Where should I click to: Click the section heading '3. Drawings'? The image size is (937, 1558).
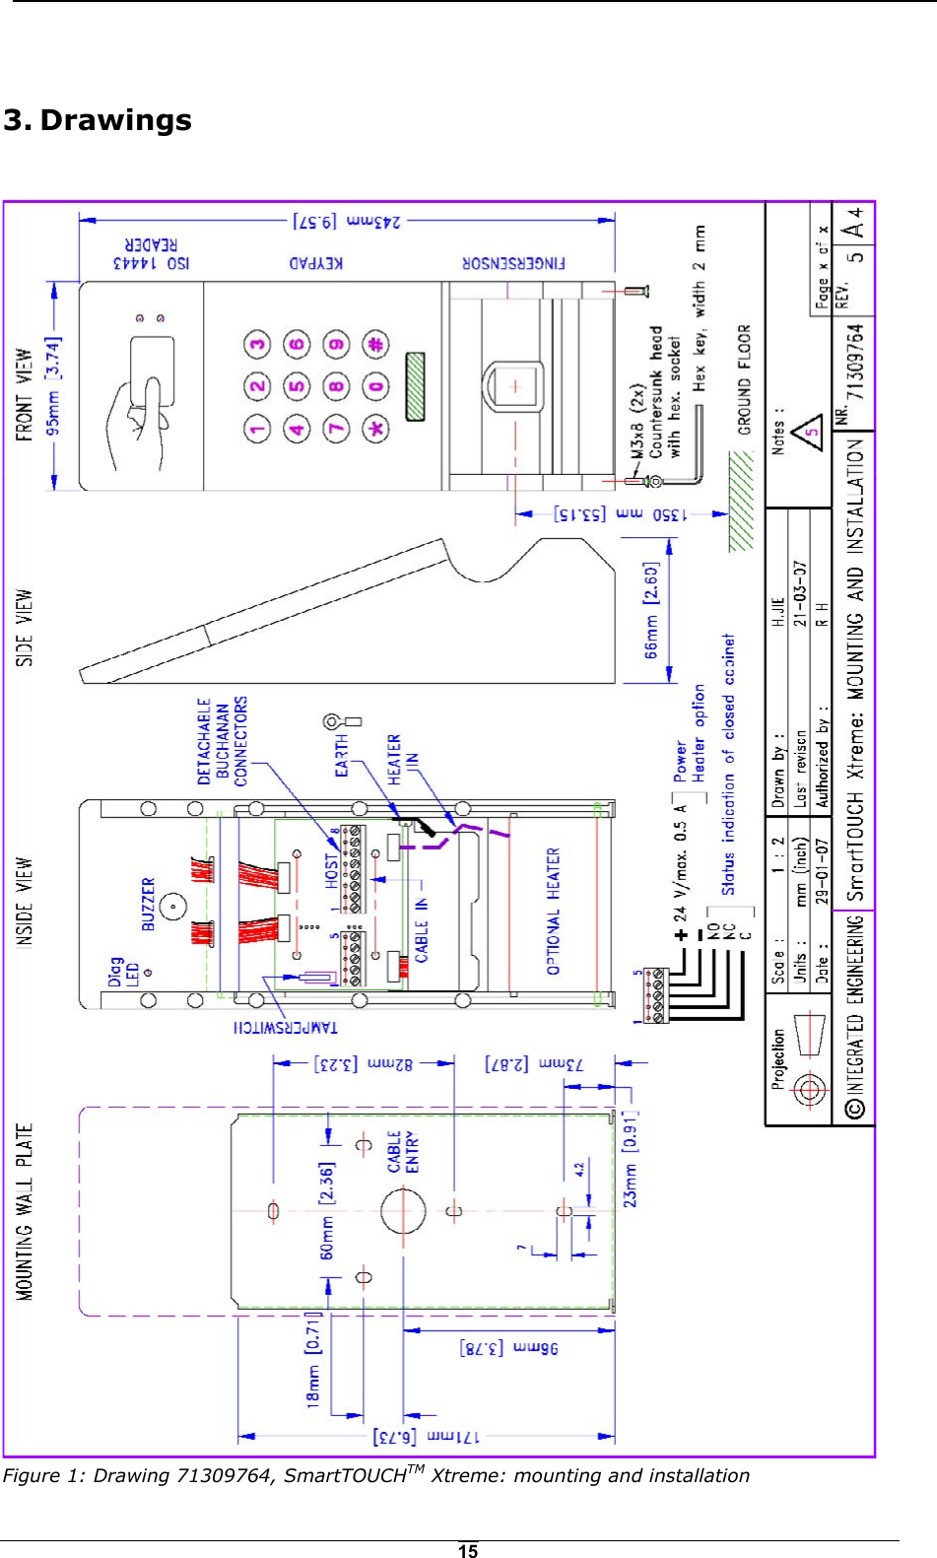(98, 120)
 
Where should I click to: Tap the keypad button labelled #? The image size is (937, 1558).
(374, 345)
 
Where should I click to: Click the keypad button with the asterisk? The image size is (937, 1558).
(374, 429)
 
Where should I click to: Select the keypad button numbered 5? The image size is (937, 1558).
(297, 386)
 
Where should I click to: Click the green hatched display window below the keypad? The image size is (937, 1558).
(415, 386)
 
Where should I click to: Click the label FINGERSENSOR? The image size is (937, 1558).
(513, 263)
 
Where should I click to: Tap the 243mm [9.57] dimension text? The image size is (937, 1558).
(347, 221)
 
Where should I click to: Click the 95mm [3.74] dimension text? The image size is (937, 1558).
(53, 385)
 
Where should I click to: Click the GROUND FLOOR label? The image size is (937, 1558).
(744, 379)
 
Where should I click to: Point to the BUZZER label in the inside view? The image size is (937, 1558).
(148, 904)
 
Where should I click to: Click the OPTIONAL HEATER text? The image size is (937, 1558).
(553, 911)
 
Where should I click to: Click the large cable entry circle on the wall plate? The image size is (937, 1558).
(403, 1211)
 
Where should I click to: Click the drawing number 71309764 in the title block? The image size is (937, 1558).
(856, 362)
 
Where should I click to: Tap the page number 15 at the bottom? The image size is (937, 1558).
(468, 1550)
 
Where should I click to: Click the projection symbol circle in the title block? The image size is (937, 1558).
(808, 1090)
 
